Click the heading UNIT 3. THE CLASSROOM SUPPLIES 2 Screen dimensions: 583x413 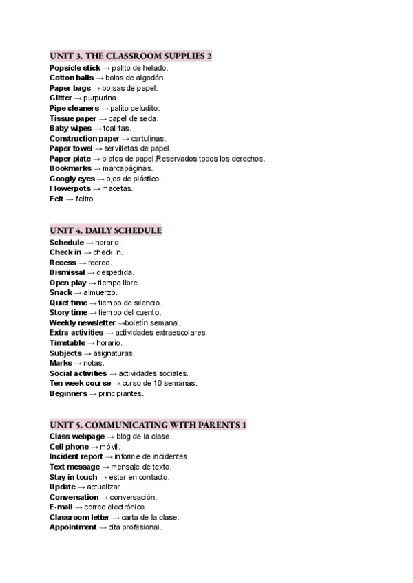pyautogui.click(x=131, y=56)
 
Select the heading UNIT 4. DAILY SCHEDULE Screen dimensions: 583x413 pyautogui.click(x=105, y=230)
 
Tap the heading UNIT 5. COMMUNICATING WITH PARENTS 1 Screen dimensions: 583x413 pyautogui.click(x=148, y=425)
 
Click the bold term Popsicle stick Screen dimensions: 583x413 pyautogui.click(x=74, y=68)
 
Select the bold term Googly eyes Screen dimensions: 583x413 pyautogui.click(x=72, y=179)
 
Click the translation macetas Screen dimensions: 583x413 pyautogui.click(x=118, y=188)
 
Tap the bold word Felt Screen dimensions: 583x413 pyautogui.click(x=56, y=199)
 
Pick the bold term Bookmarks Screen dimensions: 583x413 pyautogui.click(x=70, y=168)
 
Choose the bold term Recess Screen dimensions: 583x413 pyautogui.click(x=63, y=263)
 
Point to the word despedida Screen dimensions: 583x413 pyautogui.click(x=116, y=272)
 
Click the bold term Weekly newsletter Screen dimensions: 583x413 pyautogui.click(x=82, y=322)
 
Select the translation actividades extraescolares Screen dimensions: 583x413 pyautogui.click(x=161, y=333)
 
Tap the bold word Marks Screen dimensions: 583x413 pyautogui.click(x=61, y=363)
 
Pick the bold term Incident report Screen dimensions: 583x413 pyautogui.click(x=76, y=456)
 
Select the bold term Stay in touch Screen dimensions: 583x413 pyautogui.click(x=73, y=477)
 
